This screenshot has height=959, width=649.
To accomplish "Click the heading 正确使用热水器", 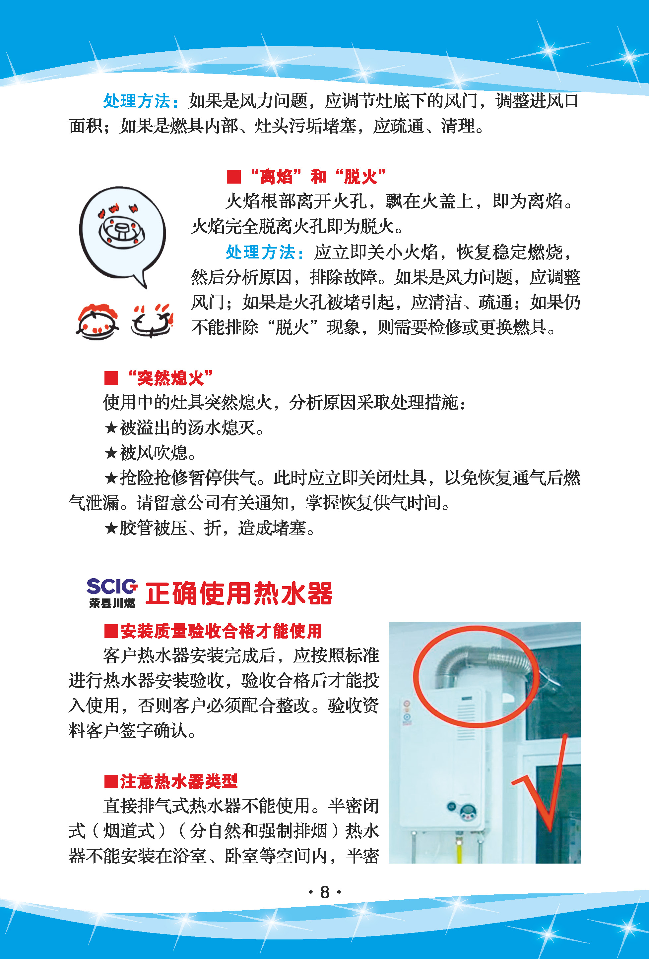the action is pyautogui.click(x=239, y=593).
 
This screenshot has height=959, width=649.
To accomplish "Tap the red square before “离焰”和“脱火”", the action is pyautogui.click(x=234, y=177).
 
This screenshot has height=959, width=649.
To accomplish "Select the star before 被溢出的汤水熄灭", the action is pyautogui.click(x=111, y=427).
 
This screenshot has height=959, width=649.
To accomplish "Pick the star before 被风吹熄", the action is pyautogui.click(x=111, y=453).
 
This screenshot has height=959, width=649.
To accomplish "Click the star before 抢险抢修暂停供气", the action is pyautogui.click(x=111, y=478).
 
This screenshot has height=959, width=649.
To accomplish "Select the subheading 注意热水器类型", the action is pyautogui.click(x=171, y=781).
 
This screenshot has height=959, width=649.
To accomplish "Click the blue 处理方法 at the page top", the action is pyautogui.click(x=137, y=101).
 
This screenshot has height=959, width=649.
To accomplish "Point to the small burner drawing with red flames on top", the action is pyautogui.click(x=97, y=321).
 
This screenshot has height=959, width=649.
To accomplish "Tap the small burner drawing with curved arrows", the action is pyautogui.click(x=152, y=321).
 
